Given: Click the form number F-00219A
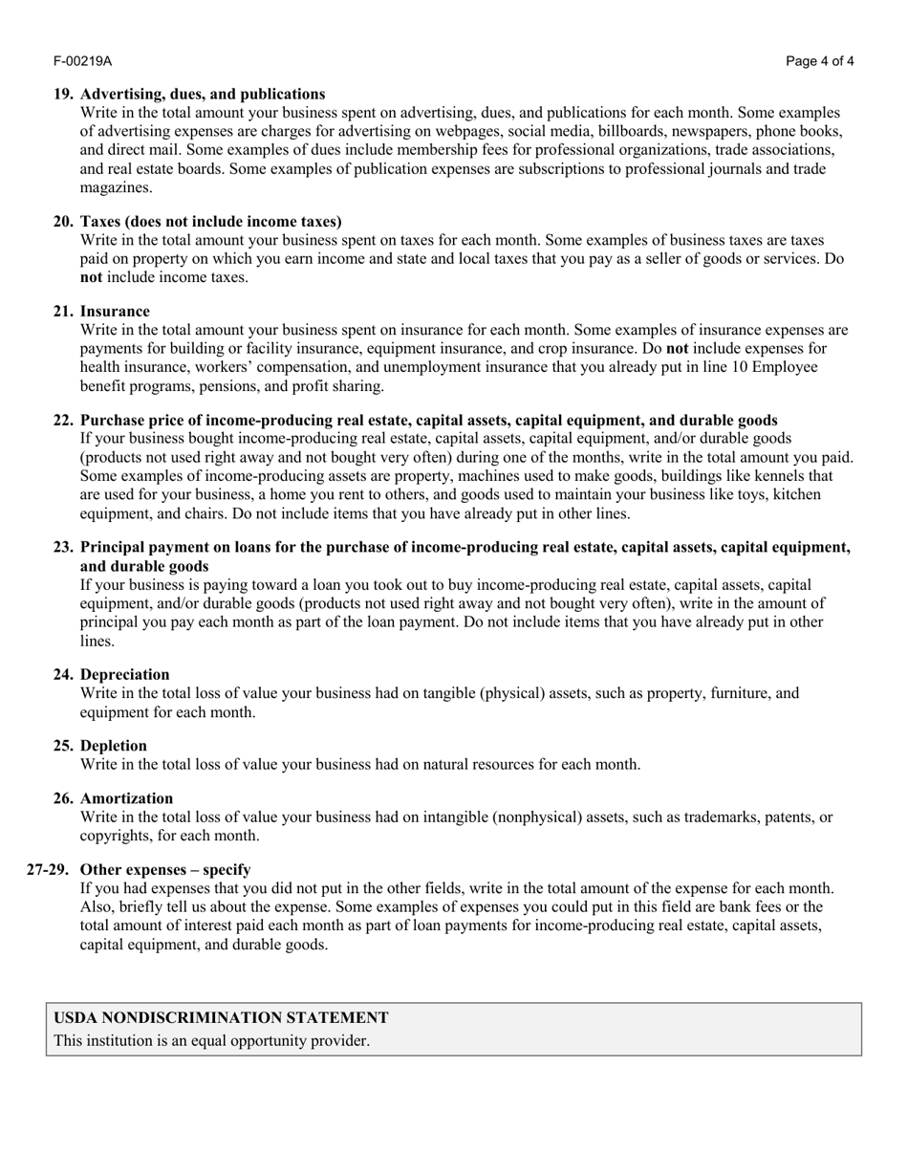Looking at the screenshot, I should click(x=82, y=61).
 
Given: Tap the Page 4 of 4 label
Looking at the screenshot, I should click(x=820, y=61).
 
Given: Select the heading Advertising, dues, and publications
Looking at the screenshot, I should click(x=203, y=94).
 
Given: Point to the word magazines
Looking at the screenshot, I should click(x=116, y=187).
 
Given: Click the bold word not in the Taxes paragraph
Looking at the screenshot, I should click(x=91, y=277).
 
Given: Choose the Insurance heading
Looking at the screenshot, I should click(x=115, y=311).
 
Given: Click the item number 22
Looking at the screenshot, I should click(x=63, y=420).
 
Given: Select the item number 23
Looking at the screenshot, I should click(x=63, y=547).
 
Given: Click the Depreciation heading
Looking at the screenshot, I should click(x=125, y=674).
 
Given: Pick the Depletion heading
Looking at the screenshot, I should click(x=114, y=746).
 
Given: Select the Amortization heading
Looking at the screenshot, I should click(x=127, y=798).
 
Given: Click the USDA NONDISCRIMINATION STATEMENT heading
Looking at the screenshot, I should click(x=221, y=1018).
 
